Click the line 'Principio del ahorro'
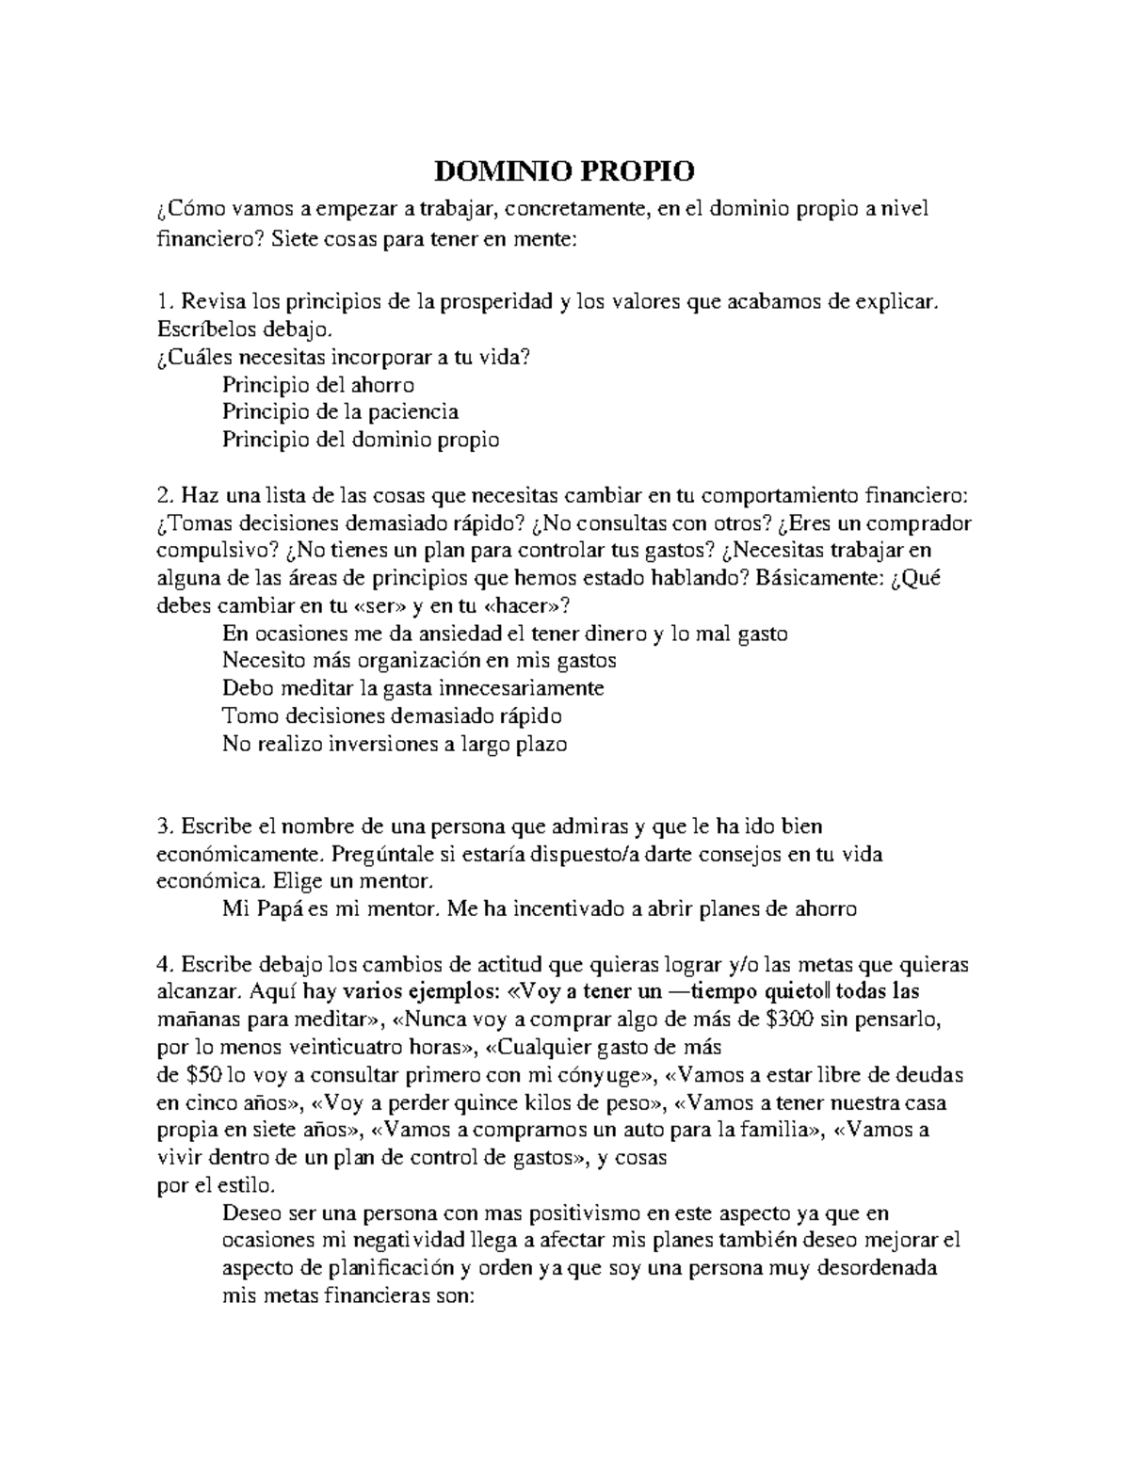point(318,384)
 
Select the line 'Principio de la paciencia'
point(340,411)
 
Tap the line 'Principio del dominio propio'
point(361,439)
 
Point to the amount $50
point(205,1074)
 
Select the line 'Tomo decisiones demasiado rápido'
point(392,715)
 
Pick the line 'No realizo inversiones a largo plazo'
point(395,744)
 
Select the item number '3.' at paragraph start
point(165,826)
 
